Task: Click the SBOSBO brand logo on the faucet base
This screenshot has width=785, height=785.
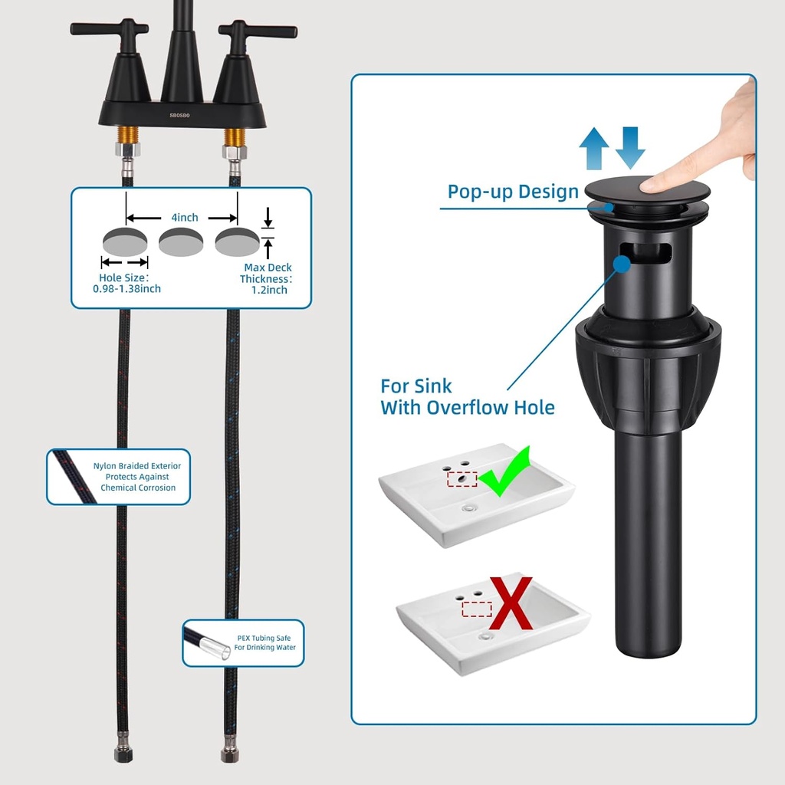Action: click(x=179, y=115)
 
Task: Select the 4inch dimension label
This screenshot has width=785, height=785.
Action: click(x=185, y=217)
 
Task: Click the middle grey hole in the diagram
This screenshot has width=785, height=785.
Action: click(x=181, y=241)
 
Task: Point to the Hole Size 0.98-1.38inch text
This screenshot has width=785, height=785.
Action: click(x=126, y=283)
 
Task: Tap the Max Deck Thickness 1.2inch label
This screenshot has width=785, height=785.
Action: click(x=266, y=278)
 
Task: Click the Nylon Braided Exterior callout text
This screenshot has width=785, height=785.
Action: click(x=137, y=477)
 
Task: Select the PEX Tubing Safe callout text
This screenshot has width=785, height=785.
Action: click(x=264, y=642)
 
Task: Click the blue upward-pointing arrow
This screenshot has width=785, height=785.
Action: click(x=594, y=148)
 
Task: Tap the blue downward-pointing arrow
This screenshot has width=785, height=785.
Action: click(x=630, y=148)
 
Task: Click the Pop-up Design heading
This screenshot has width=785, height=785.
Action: click(x=513, y=192)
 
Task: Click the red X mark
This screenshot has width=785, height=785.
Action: click(x=511, y=603)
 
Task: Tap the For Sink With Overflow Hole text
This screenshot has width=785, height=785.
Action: click(x=467, y=397)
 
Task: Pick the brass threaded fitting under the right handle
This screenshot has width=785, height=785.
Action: click(x=233, y=136)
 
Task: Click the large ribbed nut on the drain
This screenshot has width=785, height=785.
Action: click(x=648, y=368)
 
